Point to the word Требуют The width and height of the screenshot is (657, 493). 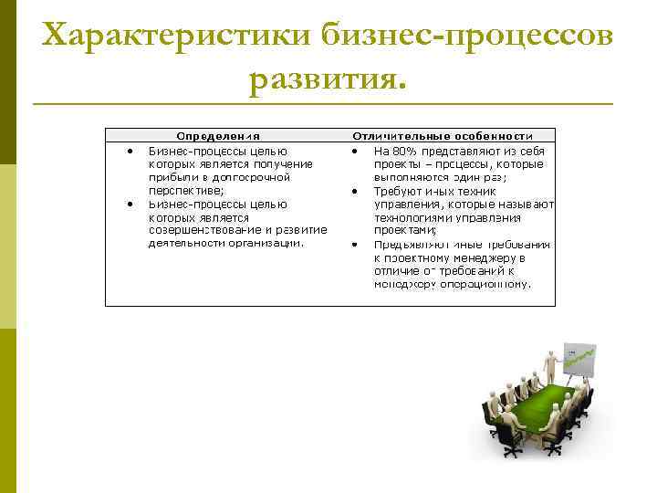(398, 191)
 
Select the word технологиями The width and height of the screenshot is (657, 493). (414, 217)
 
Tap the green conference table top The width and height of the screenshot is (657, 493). (538, 403)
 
